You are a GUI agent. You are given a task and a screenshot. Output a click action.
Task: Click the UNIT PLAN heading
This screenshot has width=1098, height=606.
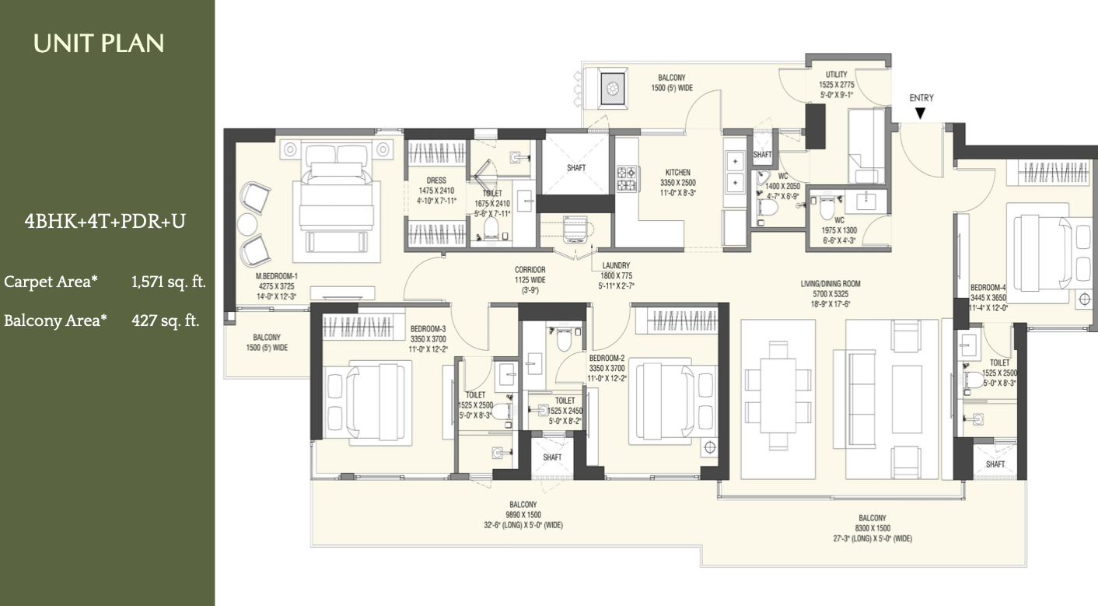pos(99,44)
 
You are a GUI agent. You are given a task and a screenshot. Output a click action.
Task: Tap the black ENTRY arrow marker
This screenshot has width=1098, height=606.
pos(921,114)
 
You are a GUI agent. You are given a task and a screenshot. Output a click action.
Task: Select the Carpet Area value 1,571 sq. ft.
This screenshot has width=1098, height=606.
pos(169,282)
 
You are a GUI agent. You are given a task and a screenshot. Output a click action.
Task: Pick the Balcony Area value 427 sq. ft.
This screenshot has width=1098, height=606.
pos(166,321)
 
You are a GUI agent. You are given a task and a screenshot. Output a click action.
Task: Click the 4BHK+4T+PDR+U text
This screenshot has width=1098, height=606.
pos(105,221)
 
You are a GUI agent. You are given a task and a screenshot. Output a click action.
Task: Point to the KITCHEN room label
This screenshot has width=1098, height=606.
pos(678,173)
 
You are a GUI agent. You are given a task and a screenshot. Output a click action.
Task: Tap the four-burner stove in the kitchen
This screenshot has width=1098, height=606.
pos(627,178)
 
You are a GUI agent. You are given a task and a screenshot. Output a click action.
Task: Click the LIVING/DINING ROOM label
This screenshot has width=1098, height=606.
pos(830,284)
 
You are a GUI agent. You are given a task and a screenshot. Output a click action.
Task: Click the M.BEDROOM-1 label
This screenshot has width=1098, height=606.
pos(277,276)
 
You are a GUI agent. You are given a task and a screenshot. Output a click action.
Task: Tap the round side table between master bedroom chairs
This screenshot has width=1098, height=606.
pos(247,224)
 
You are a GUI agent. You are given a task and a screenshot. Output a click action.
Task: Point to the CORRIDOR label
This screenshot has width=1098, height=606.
pos(530,270)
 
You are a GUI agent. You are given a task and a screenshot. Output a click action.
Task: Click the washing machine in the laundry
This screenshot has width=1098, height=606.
pos(575,229)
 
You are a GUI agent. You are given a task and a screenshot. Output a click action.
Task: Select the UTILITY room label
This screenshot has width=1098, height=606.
pos(836,75)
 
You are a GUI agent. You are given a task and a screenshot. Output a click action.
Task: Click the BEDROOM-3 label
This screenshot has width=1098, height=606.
pos(428,329)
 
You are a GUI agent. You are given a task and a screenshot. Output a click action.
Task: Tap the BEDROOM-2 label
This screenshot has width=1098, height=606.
pos(607,358)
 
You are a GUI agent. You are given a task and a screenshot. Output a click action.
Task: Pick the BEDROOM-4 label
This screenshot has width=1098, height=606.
pos(988,287)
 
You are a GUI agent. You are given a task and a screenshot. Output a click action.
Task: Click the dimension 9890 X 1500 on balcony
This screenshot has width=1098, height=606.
pos(523,515)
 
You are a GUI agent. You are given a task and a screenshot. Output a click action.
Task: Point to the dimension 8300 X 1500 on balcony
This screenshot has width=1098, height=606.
pos(872,528)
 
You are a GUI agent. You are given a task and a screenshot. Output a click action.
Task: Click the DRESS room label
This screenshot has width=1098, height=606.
pos(436,180)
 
